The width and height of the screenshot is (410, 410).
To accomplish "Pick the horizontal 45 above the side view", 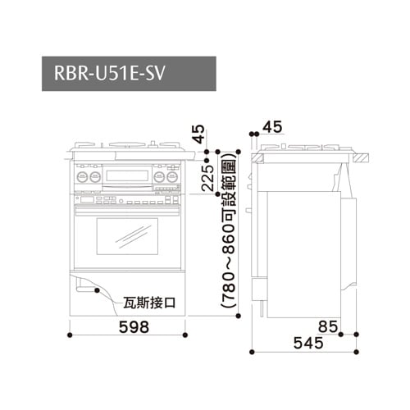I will tap(273, 126).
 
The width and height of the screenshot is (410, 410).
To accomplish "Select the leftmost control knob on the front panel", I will tap(82, 177).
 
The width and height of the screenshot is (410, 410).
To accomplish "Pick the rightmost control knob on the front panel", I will tap(175, 177).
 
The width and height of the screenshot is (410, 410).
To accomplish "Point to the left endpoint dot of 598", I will tap(72, 335).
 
